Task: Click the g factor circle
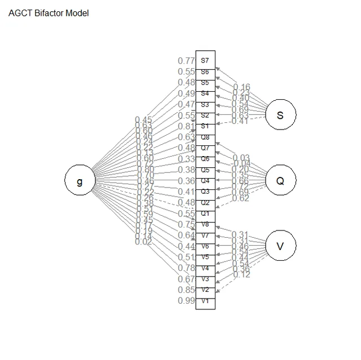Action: [x=80, y=181]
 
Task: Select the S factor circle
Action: [x=280, y=115]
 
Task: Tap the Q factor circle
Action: [x=280, y=181]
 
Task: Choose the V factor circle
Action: [x=280, y=246]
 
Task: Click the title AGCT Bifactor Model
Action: [x=49, y=13]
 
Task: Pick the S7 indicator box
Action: [x=205, y=60]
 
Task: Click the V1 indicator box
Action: [x=205, y=301]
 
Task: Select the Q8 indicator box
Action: [x=205, y=137]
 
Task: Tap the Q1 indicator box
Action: [x=205, y=214]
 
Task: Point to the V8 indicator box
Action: [x=205, y=224]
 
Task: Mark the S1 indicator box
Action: [x=205, y=126]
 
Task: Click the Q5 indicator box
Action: [x=205, y=170]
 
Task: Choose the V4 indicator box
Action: [x=205, y=268]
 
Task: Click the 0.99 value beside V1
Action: [x=186, y=301]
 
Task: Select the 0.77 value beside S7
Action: [x=186, y=61]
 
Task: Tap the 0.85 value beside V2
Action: [x=186, y=290]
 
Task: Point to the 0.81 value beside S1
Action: [x=186, y=126]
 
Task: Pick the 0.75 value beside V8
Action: [x=186, y=224]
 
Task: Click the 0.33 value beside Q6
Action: [x=186, y=159]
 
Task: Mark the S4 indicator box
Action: [x=205, y=94]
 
